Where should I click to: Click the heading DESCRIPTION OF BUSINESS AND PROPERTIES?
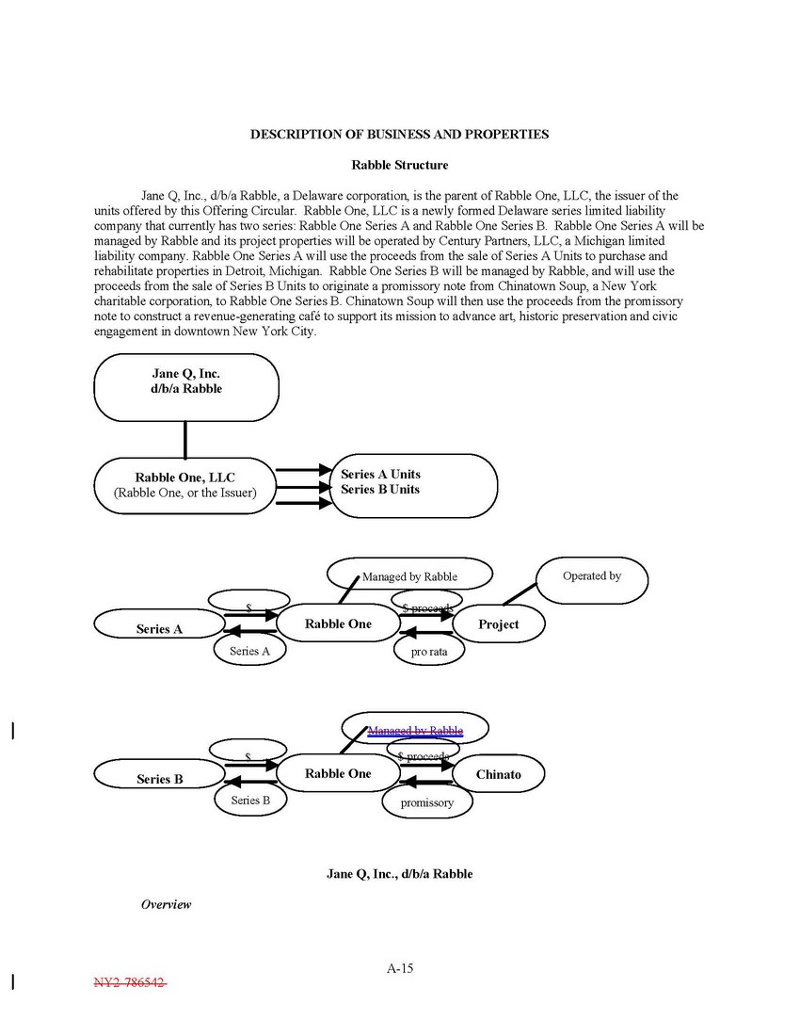(x=399, y=135)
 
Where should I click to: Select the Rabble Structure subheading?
(x=399, y=166)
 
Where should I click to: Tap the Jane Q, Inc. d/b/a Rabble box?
(x=186, y=386)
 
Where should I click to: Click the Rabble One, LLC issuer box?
(x=184, y=485)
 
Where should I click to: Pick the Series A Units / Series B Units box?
(x=414, y=485)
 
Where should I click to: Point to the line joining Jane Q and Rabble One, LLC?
(x=184, y=440)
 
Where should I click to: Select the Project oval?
(x=498, y=623)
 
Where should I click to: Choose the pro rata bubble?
(x=429, y=651)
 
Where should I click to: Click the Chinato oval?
(x=498, y=774)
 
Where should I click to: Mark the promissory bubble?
(x=426, y=802)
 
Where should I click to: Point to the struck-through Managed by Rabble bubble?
(x=415, y=730)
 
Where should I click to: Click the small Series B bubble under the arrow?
(x=250, y=801)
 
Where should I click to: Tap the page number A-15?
(x=400, y=968)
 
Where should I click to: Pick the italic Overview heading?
(x=166, y=904)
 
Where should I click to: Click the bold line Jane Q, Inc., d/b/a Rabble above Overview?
(x=399, y=874)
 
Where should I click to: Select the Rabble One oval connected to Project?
(x=338, y=623)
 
